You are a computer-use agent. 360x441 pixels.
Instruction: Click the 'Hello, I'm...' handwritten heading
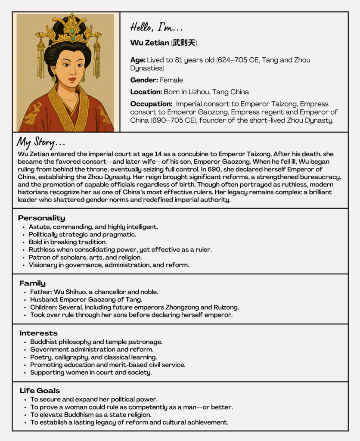(156, 28)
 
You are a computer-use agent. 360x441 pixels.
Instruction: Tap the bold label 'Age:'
(138, 60)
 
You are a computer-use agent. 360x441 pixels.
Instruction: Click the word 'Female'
(171, 80)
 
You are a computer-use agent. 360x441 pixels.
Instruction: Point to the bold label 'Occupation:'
(151, 104)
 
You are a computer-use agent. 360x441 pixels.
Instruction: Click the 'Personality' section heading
(41, 218)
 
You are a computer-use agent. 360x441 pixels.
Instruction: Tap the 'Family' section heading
(32, 283)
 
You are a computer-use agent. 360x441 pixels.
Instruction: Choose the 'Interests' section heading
(38, 333)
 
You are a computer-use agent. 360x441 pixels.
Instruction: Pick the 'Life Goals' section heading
(40, 391)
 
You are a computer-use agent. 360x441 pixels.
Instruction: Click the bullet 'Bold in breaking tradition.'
(68, 242)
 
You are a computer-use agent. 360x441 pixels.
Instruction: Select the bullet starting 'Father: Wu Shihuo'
(94, 292)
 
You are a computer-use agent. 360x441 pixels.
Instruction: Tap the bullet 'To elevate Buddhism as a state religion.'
(90, 415)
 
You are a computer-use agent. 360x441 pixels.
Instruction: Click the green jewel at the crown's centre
(72, 31)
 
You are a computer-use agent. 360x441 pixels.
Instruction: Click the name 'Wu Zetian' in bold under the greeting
(149, 43)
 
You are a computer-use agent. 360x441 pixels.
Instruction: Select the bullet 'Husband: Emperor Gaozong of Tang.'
(86, 300)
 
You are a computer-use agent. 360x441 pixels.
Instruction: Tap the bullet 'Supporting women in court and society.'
(90, 373)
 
